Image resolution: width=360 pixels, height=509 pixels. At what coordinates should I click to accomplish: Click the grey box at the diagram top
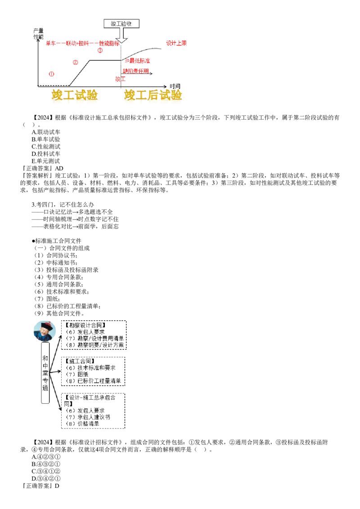(121, 23)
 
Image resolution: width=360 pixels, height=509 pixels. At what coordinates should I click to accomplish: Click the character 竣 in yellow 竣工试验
(58, 95)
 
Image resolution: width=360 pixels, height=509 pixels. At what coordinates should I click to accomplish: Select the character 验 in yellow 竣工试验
(92, 95)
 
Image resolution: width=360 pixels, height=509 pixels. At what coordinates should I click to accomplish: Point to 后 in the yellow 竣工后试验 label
(153, 95)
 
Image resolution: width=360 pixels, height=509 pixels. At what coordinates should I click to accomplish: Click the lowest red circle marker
(51, 74)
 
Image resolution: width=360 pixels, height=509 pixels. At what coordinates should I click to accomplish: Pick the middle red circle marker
(76, 62)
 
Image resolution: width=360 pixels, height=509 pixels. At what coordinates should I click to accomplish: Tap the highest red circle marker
(100, 50)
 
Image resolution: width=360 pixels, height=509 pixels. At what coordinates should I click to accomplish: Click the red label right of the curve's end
(176, 43)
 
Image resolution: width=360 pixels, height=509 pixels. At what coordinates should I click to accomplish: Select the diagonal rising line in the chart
(80, 71)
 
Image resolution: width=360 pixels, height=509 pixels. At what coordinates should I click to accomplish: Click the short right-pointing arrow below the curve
(152, 73)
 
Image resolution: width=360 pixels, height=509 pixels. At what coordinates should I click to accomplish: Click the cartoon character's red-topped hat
(45, 325)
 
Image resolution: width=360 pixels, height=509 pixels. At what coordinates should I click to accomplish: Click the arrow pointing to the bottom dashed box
(59, 407)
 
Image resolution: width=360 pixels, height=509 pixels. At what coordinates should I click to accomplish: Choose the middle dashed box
(94, 372)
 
